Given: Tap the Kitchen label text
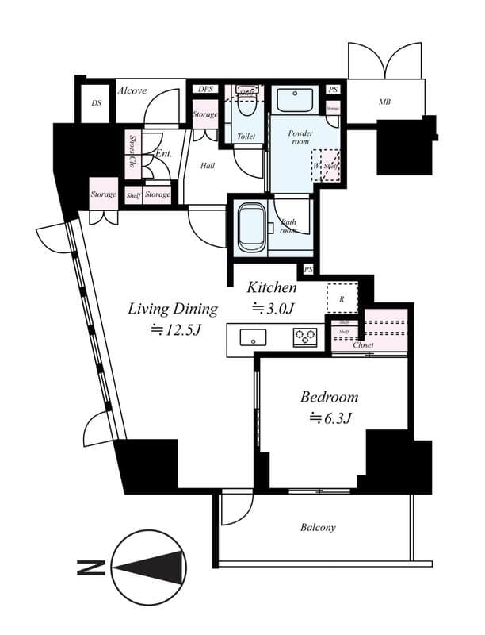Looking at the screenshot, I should tap(272, 287).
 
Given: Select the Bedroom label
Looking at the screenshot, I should tap(329, 396).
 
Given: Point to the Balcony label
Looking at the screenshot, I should tap(318, 527).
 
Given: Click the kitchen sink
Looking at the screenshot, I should tap(254, 337).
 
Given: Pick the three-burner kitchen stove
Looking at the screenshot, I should tap(305, 337).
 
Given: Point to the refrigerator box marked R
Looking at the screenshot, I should tap(342, 298).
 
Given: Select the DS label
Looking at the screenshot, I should tap(97, 103).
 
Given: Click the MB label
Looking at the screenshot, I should tap(384, 102).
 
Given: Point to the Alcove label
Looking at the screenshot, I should tap(132, 90).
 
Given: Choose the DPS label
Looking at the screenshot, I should tap(206, 89).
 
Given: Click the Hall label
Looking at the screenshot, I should tap(208, 166).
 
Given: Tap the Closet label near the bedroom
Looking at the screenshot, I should tap(364, 345).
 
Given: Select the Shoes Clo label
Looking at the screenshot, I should tap(132, 152).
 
